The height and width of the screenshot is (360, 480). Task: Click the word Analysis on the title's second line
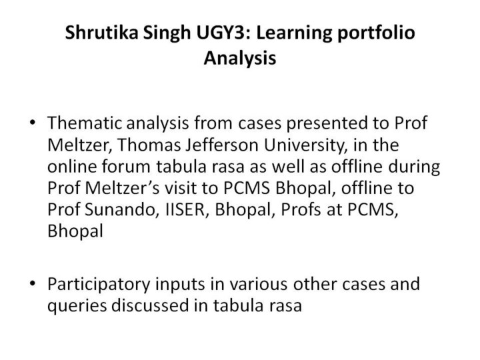click(x=240, y=58)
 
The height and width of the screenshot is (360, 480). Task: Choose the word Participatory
click(x=99, y=285)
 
